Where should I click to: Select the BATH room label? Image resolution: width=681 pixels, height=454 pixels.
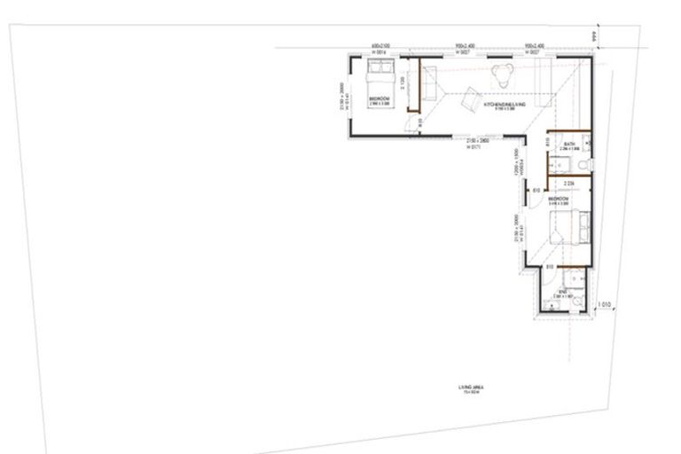tap(569, 145)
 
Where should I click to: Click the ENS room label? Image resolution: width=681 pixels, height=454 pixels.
tap(564, 293)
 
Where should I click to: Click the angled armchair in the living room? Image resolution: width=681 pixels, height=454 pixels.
tap(469, 95)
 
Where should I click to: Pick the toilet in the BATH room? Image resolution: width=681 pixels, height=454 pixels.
tap(581, 165)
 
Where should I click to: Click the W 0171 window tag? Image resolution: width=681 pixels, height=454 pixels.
tap(474, 147)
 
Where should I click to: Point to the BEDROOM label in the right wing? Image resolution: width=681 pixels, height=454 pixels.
tap(558, 200)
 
